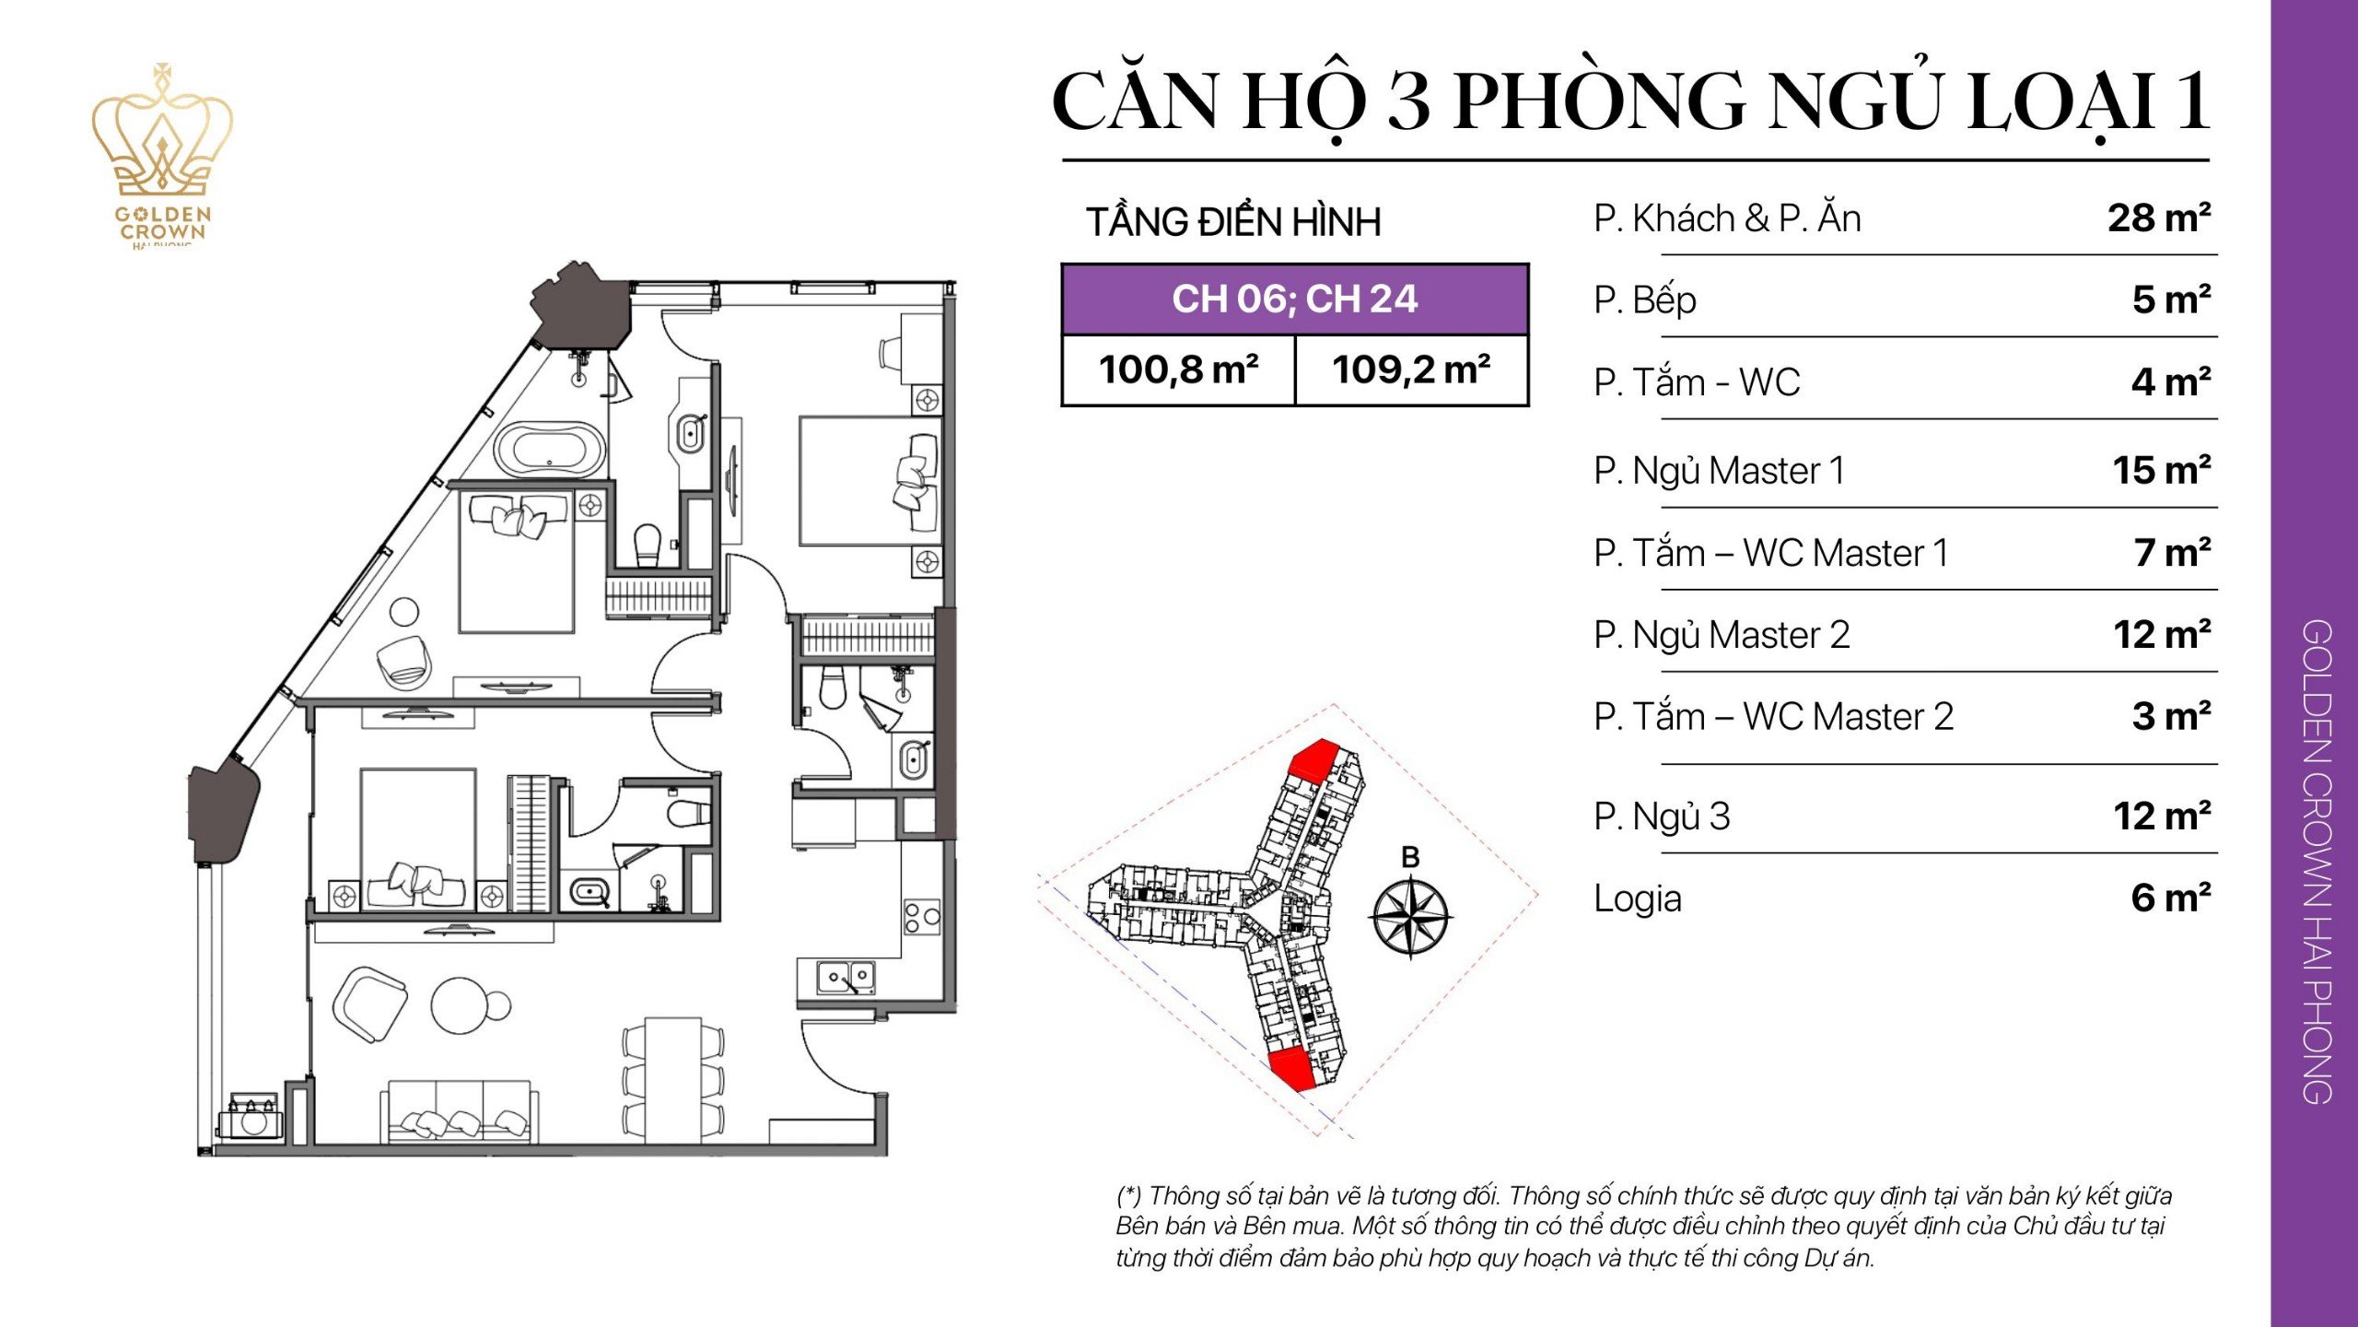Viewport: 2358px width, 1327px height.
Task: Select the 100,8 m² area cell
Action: [x=1178, y=370]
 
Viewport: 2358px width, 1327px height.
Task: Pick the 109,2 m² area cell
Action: [x=1411, y=370]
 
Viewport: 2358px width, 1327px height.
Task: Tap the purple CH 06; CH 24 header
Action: [x=1294, y=299]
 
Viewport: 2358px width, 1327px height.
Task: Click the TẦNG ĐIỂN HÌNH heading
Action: [x=1233, y=222]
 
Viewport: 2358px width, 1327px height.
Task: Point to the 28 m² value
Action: [x=2158, y=218]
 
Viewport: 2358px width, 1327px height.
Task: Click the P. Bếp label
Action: [x=1645, y=300]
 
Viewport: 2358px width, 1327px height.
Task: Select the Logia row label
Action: [x=1638, y=898]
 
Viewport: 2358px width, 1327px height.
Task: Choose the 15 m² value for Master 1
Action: [x=2161, y=471]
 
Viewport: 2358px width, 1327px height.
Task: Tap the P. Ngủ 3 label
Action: [x=1662, y=816]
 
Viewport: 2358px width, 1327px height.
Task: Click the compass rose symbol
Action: [x=1411, y=916]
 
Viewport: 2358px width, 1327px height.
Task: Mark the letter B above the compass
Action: [x=1410, y=857]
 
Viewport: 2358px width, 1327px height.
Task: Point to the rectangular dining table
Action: [x=672, y=1079]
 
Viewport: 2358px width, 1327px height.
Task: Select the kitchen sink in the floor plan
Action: [x=846, y=977]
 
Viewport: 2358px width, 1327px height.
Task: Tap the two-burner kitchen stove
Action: [x=921, y=917]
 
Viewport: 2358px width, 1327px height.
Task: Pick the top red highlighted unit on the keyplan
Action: [x=1313, y=760]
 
